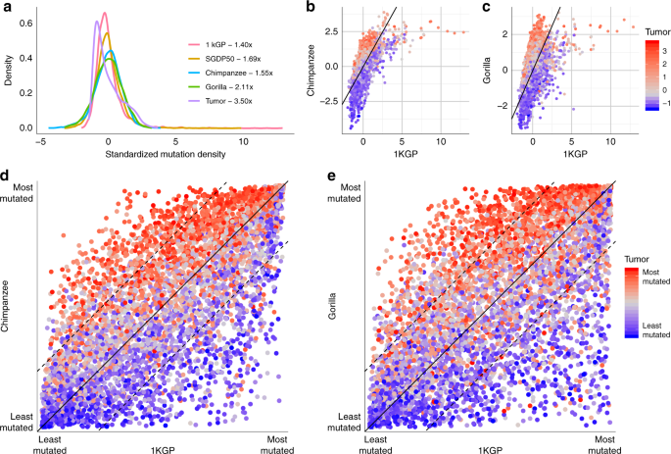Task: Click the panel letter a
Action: (x=8, y=8)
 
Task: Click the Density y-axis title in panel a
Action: (x=9, y=72)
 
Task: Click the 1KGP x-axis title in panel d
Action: (x=163, y=448)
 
